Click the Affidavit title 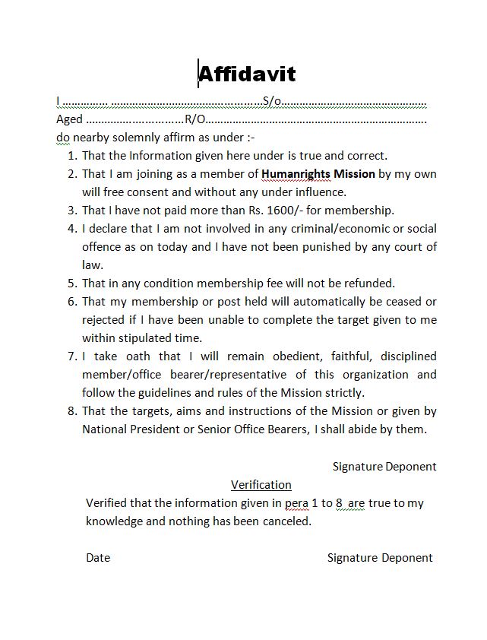[247, 74]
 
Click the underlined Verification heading [261, 485]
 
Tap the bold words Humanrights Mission [318, 174]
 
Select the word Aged [69, 119]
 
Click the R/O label [194, 119]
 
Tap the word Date [98, 558]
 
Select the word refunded [371, 284]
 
